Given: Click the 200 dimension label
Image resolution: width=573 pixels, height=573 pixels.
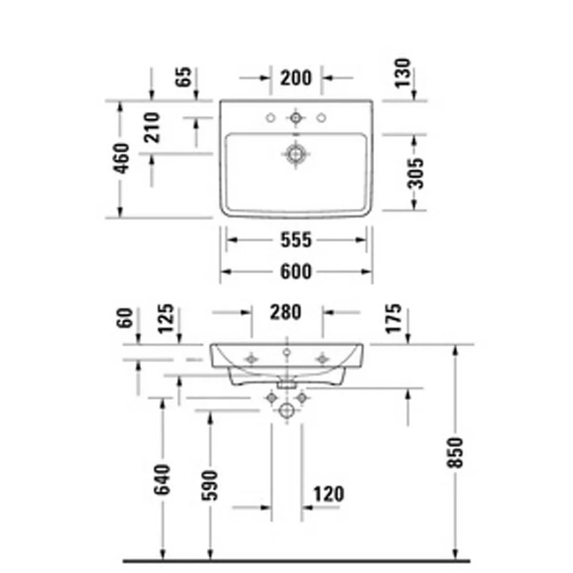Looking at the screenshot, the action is [296, 78].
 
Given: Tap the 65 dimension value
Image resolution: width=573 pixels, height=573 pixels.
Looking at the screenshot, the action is [184, 77].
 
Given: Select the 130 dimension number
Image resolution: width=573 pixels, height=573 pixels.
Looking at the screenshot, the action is [403, 73].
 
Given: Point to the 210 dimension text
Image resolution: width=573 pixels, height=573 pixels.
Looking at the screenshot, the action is [152, 128].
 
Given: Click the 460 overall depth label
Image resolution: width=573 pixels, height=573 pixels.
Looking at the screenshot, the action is [121, 159].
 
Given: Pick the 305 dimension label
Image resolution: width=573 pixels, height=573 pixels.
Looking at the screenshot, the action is [415, 173].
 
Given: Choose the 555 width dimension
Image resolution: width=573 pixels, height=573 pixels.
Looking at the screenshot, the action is [296, 240].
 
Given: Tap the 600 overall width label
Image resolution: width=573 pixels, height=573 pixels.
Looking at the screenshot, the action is [296, 272].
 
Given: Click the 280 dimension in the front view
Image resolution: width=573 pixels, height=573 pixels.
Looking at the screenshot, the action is [286, 312].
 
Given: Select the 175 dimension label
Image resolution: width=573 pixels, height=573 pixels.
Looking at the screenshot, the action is [394, 319].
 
